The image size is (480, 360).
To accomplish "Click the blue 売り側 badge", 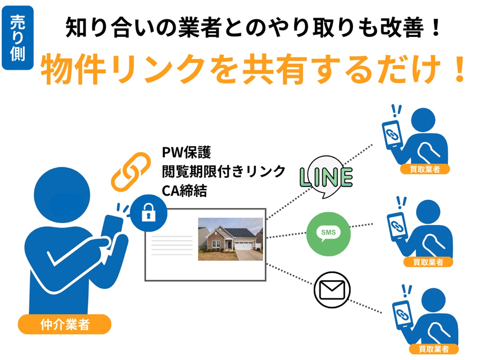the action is (x=18, y=38).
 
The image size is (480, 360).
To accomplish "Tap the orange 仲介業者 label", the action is (x=64, y=324).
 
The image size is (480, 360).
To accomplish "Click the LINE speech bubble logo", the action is (x=326, y=177).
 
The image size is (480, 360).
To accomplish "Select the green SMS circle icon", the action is (x=328, y=234).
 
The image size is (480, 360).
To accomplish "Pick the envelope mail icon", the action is (x=332, y=290).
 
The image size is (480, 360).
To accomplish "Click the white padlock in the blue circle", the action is (x=148, y=212).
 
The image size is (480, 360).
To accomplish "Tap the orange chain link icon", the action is (x=131, y=172).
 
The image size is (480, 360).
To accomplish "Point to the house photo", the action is (x=230, y=239).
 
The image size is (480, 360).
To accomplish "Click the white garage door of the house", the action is (x=243, y=246).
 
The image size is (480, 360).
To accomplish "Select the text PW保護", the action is (x=186, y=152).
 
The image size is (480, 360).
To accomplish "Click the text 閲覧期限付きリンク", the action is (x=224, y=172).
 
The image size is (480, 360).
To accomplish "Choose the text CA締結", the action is (x=184, y=191).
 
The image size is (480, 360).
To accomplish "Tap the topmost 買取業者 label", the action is (x=425, y=169).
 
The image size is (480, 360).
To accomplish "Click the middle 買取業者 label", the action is (x=428, y=262).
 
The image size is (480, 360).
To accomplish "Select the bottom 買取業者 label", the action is (x=434, y=349).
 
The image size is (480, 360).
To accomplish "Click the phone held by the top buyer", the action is (x=392, y=135).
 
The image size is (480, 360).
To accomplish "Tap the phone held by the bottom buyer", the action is (x=402, y=315).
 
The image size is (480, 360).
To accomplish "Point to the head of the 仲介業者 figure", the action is (x=62, y=195).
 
